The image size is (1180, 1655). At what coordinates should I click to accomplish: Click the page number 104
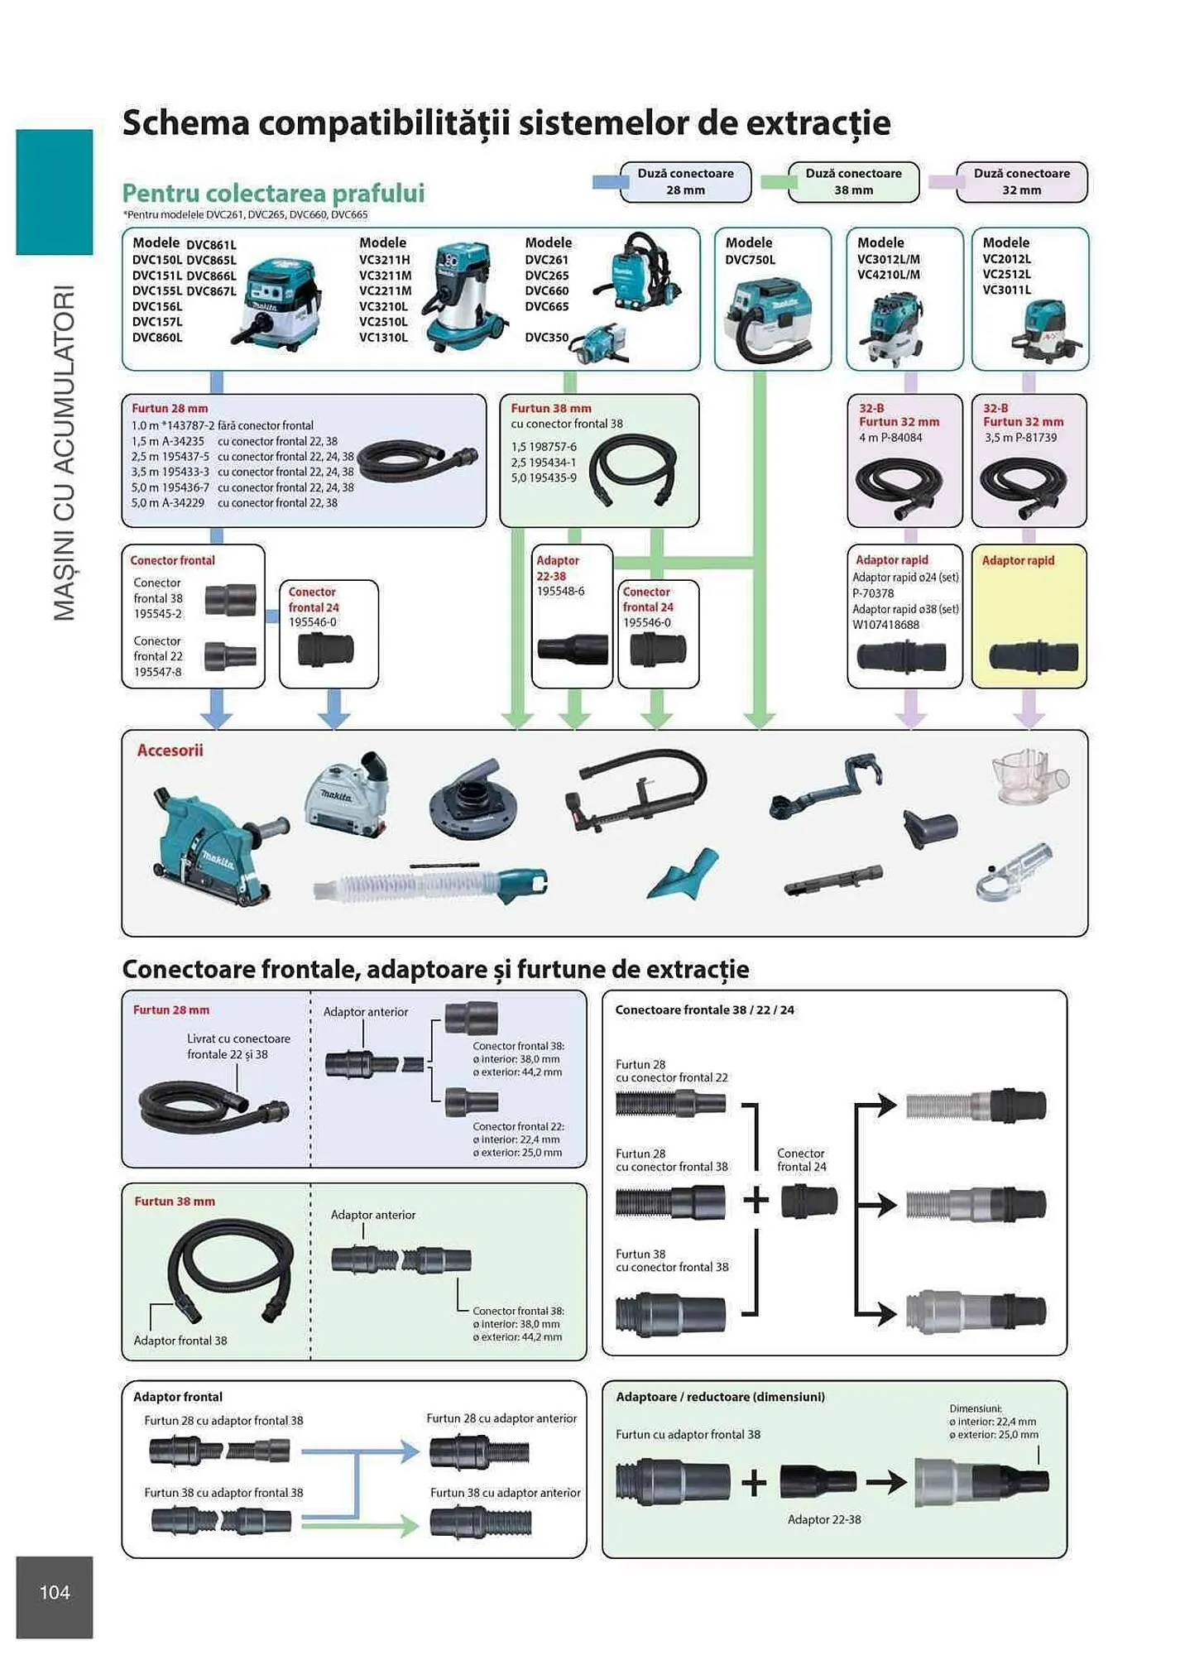(55, 1592)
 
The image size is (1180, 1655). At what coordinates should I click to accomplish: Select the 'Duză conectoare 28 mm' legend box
(685, 182)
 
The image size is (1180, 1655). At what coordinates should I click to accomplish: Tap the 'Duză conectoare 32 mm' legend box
(1021, 182)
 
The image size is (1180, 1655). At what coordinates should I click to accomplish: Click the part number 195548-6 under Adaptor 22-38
(560, 592)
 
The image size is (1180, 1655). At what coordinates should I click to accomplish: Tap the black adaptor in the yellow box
(1033, 658)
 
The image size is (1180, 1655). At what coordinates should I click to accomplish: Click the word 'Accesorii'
(170, 751)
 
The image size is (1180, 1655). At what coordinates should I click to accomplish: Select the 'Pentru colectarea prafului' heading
(273, 194)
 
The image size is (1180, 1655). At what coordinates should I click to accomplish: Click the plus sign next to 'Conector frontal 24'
(755, 1200)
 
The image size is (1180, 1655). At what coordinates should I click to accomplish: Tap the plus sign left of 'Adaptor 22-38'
(753, 1482)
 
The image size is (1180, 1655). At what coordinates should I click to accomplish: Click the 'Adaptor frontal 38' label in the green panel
(180, 1341)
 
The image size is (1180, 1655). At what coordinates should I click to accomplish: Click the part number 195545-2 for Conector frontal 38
(158, 614)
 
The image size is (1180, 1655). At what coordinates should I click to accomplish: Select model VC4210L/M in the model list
(888, 275)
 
